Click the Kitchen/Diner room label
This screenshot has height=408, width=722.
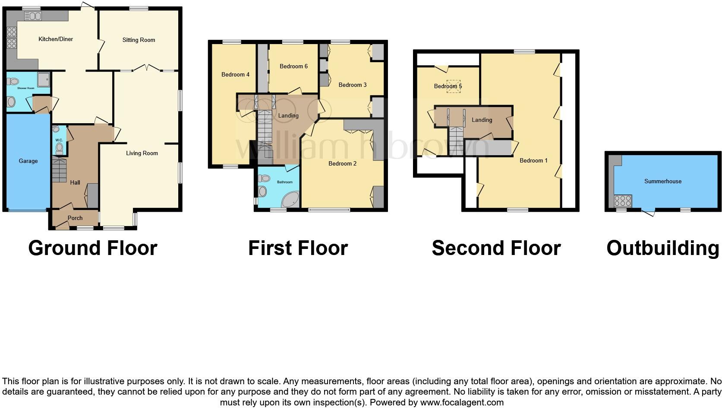(x=56, y=39)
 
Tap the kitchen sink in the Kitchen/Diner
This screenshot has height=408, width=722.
(x=33, y=16)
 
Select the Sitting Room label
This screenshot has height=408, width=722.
(x=139, y=40)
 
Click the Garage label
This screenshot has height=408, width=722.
(x=28, y=161)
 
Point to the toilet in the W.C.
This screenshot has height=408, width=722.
(x=59, y=148)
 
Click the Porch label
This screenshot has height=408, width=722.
(x=75, y=218)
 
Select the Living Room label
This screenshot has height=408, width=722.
(x=142, y=153)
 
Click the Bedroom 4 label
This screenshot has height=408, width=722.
(x=235, y=75)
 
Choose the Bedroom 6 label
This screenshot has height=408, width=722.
(x=293, y=67)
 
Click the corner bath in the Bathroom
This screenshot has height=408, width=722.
(x=290, y=200)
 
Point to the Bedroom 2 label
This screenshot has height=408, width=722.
(x=342, y=164)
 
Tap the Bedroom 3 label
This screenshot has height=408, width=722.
(x=353, y=85)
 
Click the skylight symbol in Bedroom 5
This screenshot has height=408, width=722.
(x=454, y=86)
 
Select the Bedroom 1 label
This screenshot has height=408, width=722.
(x=533, y=161)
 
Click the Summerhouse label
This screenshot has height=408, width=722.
(x=662, y=182)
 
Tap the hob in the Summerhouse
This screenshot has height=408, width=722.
(x=622, y=201)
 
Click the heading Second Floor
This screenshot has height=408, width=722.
(x=496, y=248)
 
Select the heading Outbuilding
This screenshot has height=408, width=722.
(x=662, y=248)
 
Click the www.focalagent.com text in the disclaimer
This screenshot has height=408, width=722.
(x=462, y=402)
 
